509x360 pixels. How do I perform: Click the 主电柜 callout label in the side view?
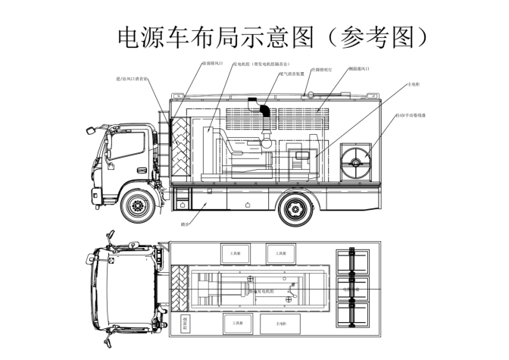pos(414,85)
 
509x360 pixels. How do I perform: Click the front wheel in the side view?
pos(137,205)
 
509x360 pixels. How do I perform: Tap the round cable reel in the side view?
pos(357,161)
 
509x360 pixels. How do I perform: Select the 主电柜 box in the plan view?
pos(280,324)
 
